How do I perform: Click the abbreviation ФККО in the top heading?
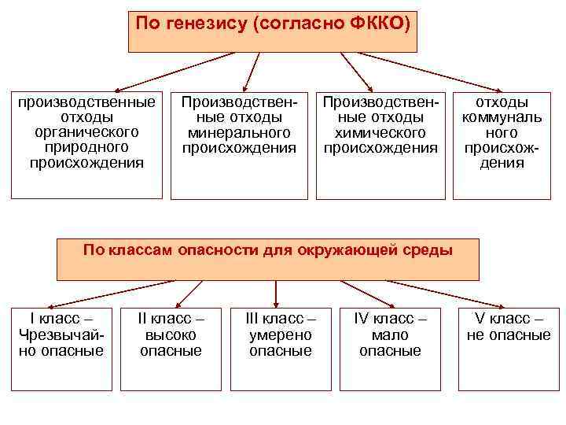click(374, 23)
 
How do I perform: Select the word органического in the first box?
click(86, 132)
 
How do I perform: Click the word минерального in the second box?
click(240, 132)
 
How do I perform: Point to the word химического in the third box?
click(381, 132)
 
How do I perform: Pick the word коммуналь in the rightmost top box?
click(502, 117)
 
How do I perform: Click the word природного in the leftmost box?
click(86, 147)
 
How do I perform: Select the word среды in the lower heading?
click(425, 251)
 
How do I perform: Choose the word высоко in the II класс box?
click(171, 334)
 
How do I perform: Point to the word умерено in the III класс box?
click(281, 334)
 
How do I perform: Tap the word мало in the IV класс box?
click(390, 334)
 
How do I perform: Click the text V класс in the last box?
click(503, 320)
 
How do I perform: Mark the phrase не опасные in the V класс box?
click(509, 334)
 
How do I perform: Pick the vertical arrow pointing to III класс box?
click(275, 293)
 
